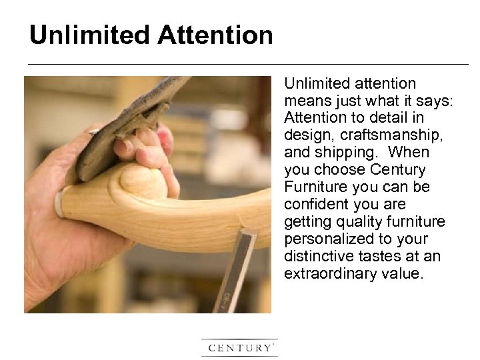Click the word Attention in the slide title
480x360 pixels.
point(215,35)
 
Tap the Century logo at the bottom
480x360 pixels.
point(239,347)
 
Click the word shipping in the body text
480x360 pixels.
point(342,153)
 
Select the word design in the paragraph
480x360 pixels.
point(305,135)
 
